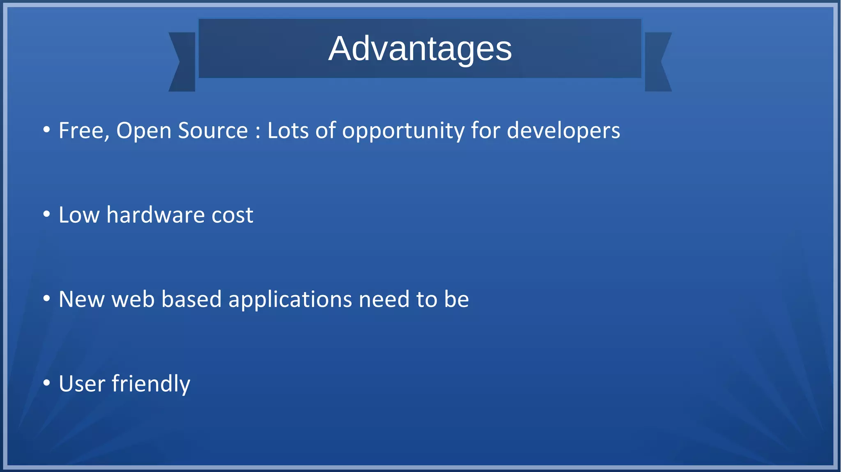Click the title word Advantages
(420, 49)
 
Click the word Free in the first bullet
(83, 131)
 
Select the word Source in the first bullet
(213, 131)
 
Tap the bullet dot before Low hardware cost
(47, 214)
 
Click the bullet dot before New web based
(47, 299)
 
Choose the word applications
(290, 300)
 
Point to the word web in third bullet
(133, 299)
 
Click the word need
(384, 299)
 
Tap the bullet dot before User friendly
(47, 383)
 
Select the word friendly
(151, 384)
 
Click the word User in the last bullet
(82, 384)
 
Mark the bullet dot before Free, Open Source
(47, 130)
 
